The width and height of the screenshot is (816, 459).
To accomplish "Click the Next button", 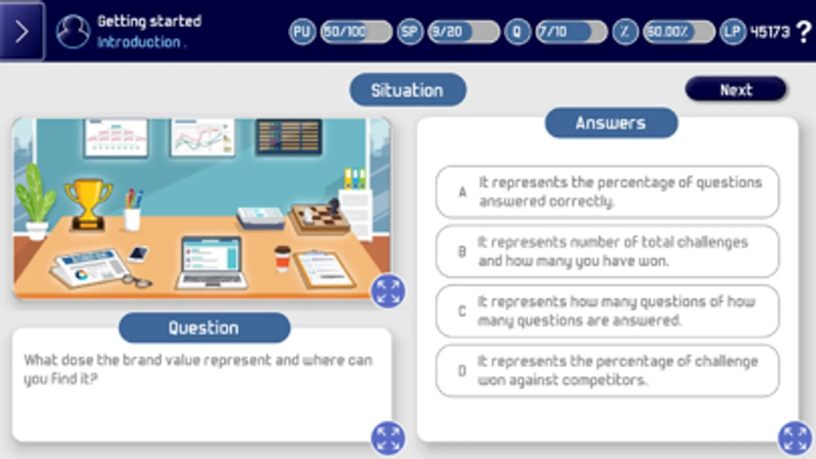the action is click(x=735, y=89).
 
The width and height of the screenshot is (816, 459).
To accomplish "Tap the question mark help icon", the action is click(x=804, y=32).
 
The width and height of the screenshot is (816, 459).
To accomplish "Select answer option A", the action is click(x=607, y=192).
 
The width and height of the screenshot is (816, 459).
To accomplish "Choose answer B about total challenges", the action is click(x=607, y=251).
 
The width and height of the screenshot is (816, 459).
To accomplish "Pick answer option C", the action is click(x=607, y=311).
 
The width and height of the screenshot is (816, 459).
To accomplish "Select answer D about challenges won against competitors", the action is click(x=607, y=371).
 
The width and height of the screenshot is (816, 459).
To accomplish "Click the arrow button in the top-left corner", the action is click(x=22, y=31).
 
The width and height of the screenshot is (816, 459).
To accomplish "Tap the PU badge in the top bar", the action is click(x=302, y=32).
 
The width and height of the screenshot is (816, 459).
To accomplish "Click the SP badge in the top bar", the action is click(x=410, y=32).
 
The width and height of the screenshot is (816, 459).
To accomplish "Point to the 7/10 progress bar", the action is click(x=572, y=32).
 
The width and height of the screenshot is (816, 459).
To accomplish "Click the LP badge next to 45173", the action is click(x=733, y=32).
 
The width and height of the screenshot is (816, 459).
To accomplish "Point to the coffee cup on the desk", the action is click(x=282, y=259).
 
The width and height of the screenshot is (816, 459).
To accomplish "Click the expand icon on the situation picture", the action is click(x=388, y=292).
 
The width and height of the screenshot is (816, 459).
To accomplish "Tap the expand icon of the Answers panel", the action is click(x=795, y=438).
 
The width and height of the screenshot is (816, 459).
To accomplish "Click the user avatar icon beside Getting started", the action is click(x=73, y=32).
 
